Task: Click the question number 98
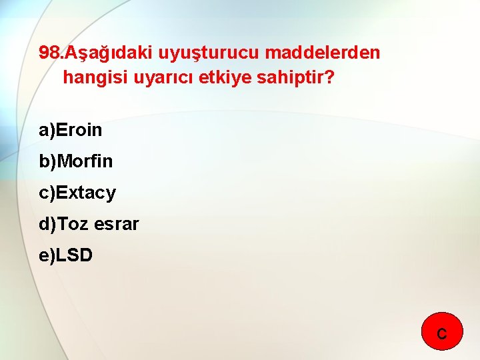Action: tap(49, 53)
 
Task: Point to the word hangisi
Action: tap(94, 78)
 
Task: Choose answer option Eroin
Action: tap(79, 130)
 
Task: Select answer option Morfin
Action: tap(85, 161)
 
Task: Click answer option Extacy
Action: tap(86, 193)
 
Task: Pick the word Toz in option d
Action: tap(73, 225)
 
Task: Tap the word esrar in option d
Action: tap(117, 225)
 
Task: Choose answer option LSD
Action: tap(74, 255)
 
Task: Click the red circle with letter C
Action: tap(442, 332)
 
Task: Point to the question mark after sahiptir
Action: tap(329, 78)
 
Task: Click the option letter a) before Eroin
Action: tap(47, 130)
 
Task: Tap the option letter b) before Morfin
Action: tap(47, 161)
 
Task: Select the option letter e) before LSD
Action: tap(47, 255)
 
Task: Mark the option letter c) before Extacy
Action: tap(47, 193)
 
